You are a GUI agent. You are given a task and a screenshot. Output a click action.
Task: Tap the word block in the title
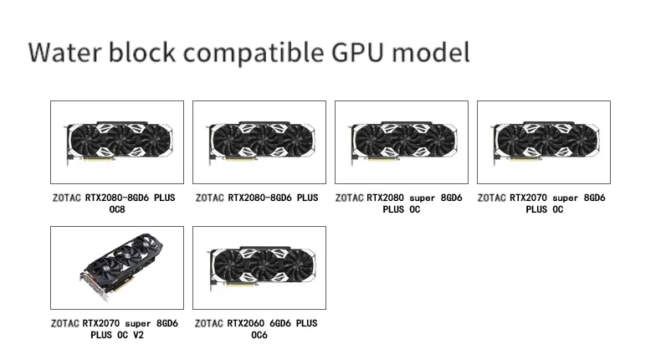click(146, 52)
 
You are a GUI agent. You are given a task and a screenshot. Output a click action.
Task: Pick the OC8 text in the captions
click(117, 209)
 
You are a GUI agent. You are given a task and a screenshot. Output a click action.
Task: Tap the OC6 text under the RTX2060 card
click(259, 335)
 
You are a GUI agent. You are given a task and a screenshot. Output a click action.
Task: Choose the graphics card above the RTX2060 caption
click(259, 268)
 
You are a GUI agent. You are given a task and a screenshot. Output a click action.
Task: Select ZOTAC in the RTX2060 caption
click(210, 323)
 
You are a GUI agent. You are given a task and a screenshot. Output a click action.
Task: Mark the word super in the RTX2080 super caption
click(422, 198)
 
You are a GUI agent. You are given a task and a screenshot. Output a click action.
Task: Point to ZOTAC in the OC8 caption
click(65, 198)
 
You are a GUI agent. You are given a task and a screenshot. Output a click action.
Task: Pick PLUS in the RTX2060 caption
click(307, 323)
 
